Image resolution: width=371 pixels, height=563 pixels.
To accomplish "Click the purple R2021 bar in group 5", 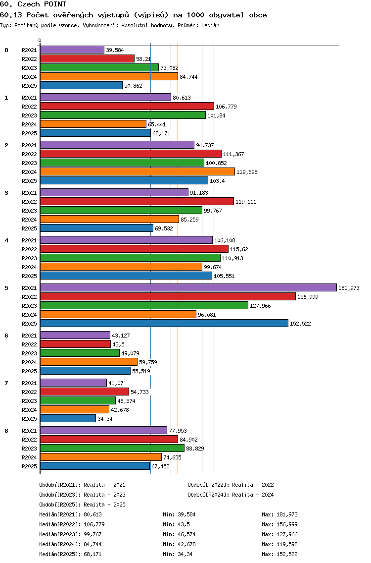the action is [x=188, y=287].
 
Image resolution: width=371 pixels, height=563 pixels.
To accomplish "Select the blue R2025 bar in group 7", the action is [x=68, y=419].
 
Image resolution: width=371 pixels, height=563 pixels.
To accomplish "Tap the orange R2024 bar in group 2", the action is [x=138, y=171].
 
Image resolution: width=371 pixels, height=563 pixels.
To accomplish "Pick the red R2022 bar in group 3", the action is [x=137, y=201].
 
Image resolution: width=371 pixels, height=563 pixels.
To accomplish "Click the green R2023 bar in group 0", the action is [x=99, y=67].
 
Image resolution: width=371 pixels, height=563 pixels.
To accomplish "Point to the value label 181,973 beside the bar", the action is [x=349, y=288].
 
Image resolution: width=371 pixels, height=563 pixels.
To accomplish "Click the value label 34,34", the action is [x=105, y=419].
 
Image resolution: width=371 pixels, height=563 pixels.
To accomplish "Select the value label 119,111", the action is [x=246, y=202].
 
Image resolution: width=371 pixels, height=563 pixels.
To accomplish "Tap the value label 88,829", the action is [x=195, y=449].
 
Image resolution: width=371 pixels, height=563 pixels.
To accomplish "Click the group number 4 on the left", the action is [x=6, y=240].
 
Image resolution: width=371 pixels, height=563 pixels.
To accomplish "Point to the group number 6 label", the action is [x=6, y=336].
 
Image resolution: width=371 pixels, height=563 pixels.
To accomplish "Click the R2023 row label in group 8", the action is [x=29, y=449].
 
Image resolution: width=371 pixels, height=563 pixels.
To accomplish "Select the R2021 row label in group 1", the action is [x=29, y=98].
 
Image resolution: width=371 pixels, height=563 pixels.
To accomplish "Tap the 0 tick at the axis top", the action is [x=40, y=40].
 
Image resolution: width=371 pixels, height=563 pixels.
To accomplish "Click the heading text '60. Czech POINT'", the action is [x=33, y=4].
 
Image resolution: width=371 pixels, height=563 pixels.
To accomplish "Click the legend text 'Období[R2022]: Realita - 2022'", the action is [x=231, y=485].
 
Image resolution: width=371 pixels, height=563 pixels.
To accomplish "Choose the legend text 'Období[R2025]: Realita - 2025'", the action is [x=82, y=505].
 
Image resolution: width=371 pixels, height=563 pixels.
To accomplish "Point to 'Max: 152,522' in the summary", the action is [x=279, y=554].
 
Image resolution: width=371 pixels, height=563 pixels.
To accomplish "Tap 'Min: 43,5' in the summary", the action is [x=176, y=524].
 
